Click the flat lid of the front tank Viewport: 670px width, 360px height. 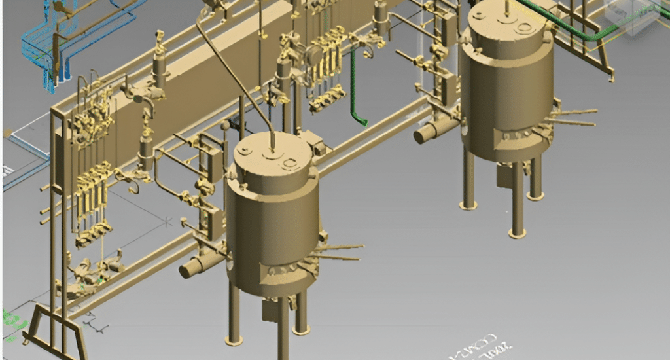click(272, 157)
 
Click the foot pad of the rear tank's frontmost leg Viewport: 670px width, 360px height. click(518, 233)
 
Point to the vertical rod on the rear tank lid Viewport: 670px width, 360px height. click(506, 7)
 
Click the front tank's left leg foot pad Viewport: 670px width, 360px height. click(234, 340)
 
